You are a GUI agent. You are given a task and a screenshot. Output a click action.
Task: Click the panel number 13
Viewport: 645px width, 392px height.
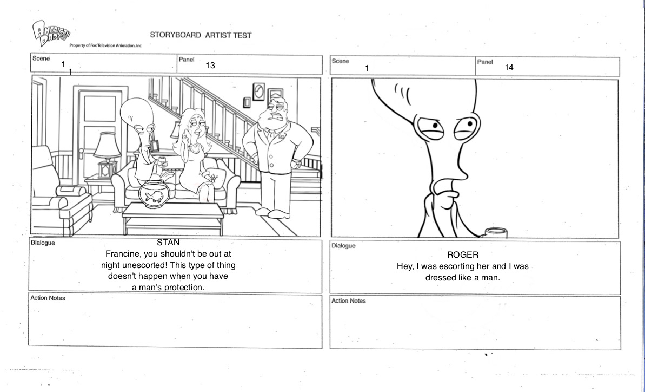(210, 66)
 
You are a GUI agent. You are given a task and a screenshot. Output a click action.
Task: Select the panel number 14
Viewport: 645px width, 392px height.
(509, 68)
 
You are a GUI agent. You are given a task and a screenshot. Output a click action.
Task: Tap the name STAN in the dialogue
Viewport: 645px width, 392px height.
(168, 243)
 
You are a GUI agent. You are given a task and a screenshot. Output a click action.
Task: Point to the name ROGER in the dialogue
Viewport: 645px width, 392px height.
(463, 254)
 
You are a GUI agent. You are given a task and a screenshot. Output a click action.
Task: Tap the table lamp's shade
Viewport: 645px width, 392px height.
(107, 145)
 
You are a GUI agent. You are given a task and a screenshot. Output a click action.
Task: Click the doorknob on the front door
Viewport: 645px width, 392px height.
(81, 151)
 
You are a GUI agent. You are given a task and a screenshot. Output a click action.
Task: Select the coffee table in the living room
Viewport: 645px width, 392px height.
(172, 212)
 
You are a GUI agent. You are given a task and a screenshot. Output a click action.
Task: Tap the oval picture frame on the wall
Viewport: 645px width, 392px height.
(259, 92)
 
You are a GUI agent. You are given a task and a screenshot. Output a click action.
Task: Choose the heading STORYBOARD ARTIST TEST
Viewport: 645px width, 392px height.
(201, 35)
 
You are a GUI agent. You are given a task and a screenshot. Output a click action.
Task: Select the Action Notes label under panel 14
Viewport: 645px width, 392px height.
(348, 301)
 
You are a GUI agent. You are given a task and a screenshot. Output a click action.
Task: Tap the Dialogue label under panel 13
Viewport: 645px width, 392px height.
(43, 243)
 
